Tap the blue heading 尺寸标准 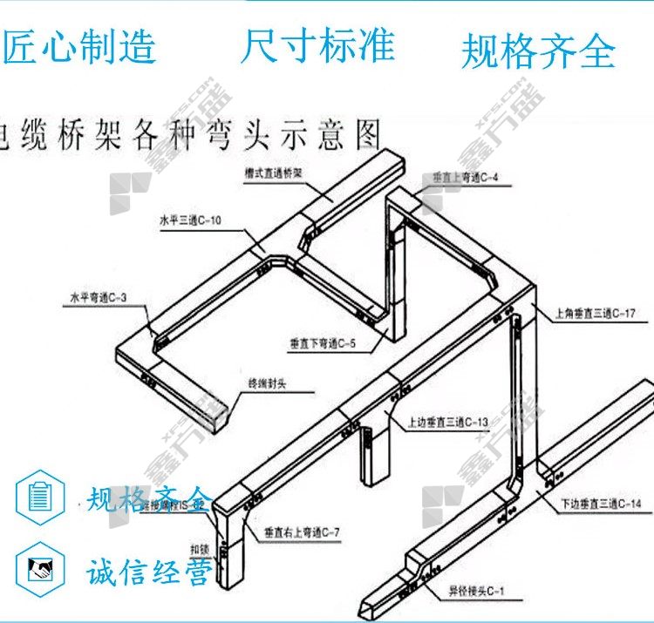coord(318,44)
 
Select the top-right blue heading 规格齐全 coord(538,51)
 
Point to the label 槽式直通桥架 coord(273,173)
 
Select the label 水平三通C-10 coord(190,221)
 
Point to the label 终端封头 coord(267,383)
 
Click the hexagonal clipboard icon coord(40,497)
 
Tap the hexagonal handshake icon coord(40,571)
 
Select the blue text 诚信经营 coord(148,572)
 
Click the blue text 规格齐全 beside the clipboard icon coord(148,499)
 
